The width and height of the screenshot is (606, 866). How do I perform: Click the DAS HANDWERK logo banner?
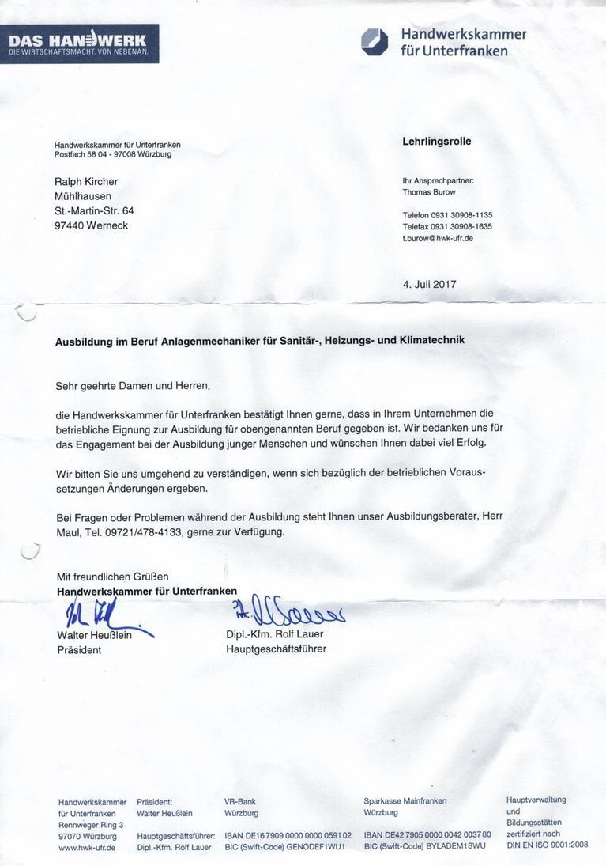click(x=79, y=43)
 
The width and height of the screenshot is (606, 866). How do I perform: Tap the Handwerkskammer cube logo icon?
click(x=375, y=42)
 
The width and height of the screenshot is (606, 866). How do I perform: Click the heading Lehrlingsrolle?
click(x=436, y=142)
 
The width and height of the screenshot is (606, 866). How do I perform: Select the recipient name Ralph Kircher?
click(x=86, y=182)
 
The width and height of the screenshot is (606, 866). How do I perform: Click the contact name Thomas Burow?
click(x=429, y=192)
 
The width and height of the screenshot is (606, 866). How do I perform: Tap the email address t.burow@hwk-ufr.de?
click(x=438, y=238)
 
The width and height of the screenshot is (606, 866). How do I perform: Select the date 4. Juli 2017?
click(x=429, y=284)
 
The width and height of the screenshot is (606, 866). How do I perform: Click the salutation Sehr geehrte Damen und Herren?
click(x=133, y=386)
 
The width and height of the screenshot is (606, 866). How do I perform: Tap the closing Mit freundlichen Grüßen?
click(x=112, y=577)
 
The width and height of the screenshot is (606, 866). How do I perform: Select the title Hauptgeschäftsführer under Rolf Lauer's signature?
click(x=276, y=649)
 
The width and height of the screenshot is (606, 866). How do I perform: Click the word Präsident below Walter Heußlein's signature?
click(x=79, y=650)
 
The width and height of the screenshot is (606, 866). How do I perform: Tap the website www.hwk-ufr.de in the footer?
click(x=87, y=847)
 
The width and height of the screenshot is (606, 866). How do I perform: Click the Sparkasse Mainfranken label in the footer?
click(x=405, y=801)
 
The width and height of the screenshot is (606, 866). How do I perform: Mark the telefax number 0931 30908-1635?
click(x=463, y=226)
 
